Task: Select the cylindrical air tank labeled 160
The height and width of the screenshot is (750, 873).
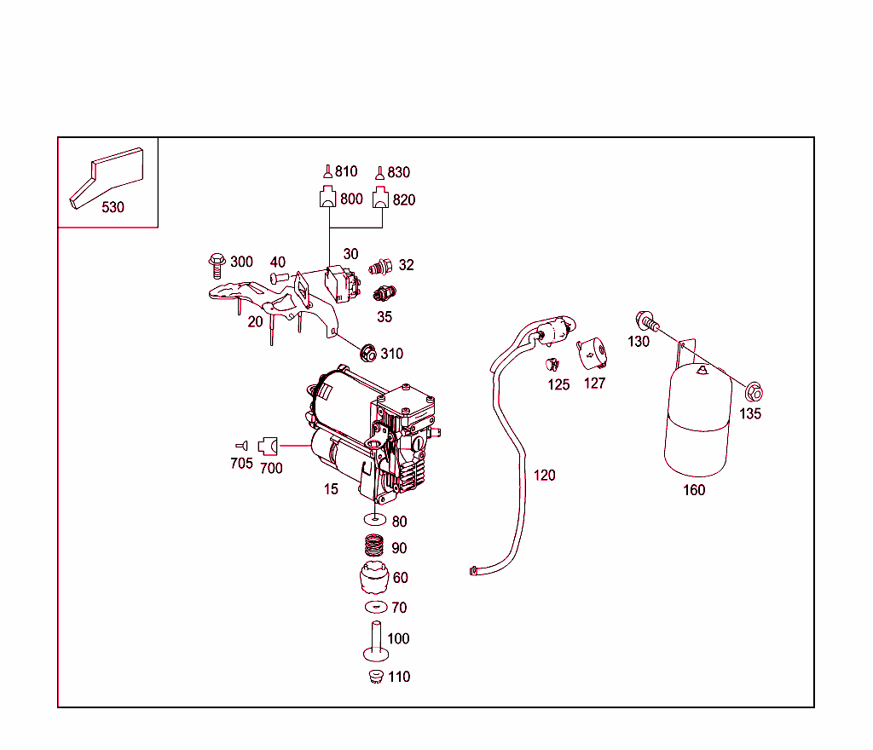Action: pos(698,422)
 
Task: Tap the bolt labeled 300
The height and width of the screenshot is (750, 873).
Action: pos(216,265)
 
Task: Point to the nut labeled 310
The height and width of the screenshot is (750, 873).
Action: pos(369,352)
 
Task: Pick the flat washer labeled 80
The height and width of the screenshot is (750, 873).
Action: pos(374,519)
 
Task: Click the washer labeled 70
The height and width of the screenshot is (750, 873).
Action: pos(374,607)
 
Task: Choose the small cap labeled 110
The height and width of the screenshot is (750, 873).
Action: pos(373,677)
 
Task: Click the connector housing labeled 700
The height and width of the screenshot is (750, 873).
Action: pos(269,445)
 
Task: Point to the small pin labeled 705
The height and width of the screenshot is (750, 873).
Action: pos(241,445)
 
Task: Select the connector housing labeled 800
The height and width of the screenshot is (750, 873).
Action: pos(327,199)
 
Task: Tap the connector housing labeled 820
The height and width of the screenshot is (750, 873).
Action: pos(381,199)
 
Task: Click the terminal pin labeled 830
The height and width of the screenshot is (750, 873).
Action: pos(380,171)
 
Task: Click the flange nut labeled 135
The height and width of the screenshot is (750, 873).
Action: pos(753,393)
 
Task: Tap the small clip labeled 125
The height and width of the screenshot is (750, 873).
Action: pos(552,366)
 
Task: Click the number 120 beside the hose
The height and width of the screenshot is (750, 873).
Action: pos(544,475)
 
